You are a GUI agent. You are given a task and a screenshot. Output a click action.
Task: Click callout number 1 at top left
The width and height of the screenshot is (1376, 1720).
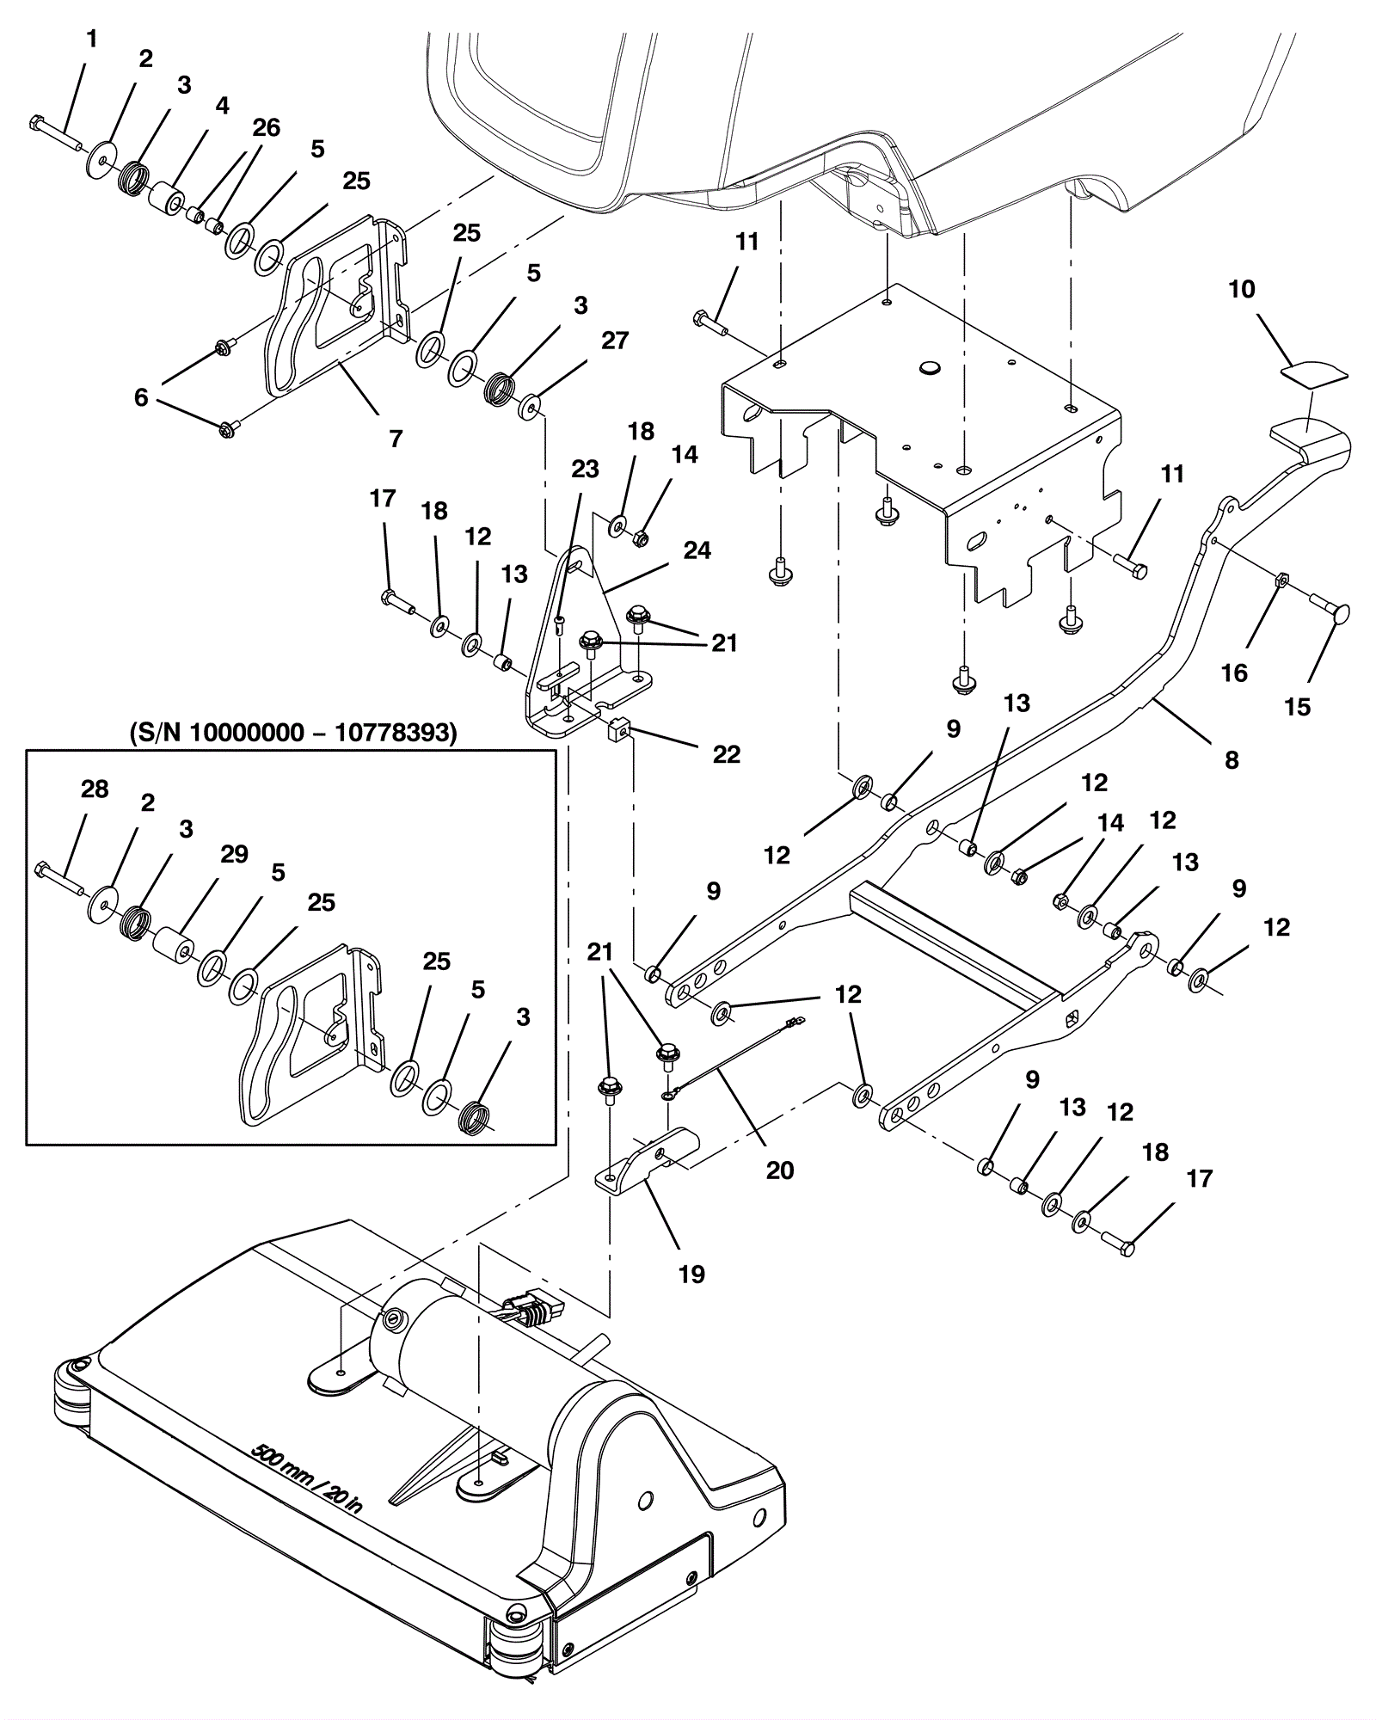pyautogui.click(x=92, y=40)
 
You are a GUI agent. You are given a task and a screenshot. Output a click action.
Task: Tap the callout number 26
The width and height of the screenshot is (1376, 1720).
pyautogui.click(x=266, y=128)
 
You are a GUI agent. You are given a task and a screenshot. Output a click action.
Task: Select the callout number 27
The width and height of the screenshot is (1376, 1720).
pyautogui.click(x=614, y=341)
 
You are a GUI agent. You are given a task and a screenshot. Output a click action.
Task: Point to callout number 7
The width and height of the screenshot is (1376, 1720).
pyautogui.click(x=396, y=439)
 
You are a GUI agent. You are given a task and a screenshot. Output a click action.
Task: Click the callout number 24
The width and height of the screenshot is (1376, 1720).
pyautogui.click(x=697, y=550)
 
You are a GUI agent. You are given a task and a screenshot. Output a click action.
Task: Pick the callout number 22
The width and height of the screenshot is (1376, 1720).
pyautogui.click(x=726, y=754)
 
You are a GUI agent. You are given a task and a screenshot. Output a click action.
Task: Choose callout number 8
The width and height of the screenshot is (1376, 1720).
pyautogui.click(x=1232, y=760)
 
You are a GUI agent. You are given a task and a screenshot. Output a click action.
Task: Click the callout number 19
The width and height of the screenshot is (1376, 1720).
pyautogui.click(x=691, y=1274)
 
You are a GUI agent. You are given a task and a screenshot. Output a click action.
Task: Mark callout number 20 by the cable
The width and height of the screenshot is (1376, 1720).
pyautogui.click(x=779, y=1170)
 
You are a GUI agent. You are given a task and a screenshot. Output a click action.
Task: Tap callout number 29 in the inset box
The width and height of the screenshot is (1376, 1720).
pyautogui.click(x=234, y=854)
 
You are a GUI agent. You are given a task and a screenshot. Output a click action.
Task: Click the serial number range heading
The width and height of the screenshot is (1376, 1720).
pyautogui.click(x=292, y=733)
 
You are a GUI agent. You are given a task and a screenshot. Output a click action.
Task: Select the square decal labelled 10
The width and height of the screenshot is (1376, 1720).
pyautogui.click(x=1312, y=372)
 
